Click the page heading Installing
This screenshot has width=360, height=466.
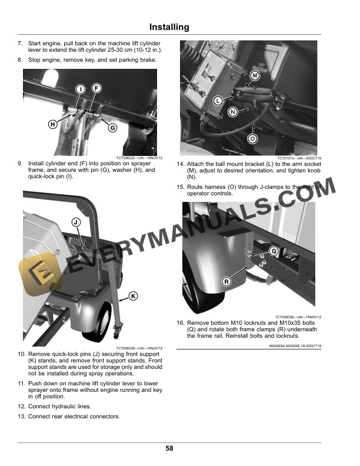[x=169, y=27]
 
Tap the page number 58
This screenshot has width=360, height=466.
[x=169, y=448]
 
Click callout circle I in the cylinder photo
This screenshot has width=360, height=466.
[x=79, y=88]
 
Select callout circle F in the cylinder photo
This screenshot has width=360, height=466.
[x=96, y=88]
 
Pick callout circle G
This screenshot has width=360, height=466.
[x=112, y=128]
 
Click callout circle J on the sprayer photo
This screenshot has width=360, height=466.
[x=76, y=222]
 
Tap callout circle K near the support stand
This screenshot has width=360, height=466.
[x=133, y=296]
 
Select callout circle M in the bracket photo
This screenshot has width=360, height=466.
[x=255, y=76]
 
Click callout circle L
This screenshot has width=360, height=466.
[x=218, y=101]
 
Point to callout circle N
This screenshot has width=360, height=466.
[x=232, y=112]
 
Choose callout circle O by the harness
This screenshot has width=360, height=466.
[x=253, y=139]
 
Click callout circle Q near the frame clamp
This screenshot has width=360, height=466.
[x=274, y=251]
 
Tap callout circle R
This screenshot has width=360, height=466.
[x=227, y=281]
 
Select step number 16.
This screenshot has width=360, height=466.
[x=181, y=322]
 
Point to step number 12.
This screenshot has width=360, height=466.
[x=21, y=407]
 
